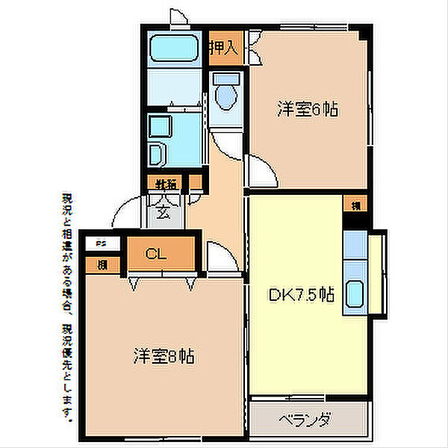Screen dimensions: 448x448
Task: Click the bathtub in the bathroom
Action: pyautogui.click(x=173, y=49)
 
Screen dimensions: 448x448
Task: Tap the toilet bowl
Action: pyautogui.click(x=225, y=97)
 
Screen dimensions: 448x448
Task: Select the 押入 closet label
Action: pyautogui.click(x=223, y=50)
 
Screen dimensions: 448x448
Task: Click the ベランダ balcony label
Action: pyautogui.click(x=308, y=420)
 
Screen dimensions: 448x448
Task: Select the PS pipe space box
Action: pyautogui.click(x=101, y=243)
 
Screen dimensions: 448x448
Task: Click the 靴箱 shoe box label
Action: pyautogui.click(x=166, y=183)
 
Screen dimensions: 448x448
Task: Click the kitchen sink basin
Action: pyautogui.click(x=355, y=293)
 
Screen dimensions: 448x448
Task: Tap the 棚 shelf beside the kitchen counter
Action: pyautogui.click(x=355, y=203)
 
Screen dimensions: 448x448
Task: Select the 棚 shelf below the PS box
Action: pyautogui.click(x=101, y=264)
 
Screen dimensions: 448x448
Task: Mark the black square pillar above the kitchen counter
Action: pyautogui.click(x=355, y=221)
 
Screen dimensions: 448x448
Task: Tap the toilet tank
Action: pyautogui.click(x=225, y=78)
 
